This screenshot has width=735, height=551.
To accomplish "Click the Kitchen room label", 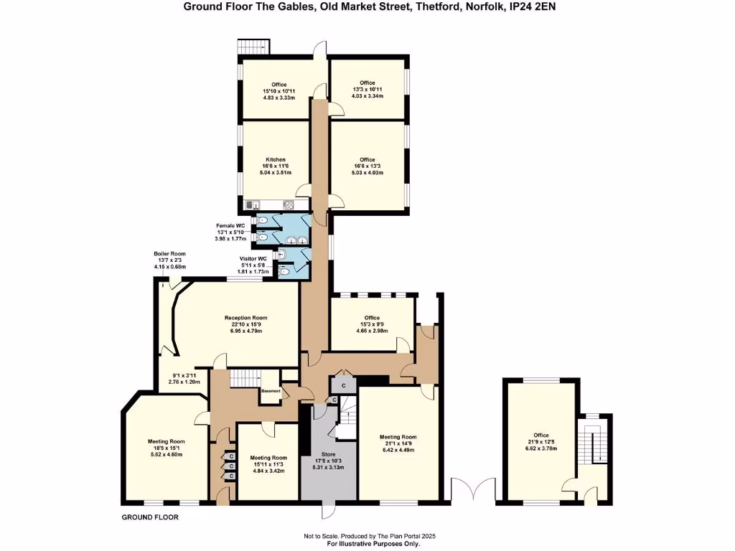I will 276,160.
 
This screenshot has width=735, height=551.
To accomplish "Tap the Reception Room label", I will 245,318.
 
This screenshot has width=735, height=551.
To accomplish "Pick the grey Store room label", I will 327,453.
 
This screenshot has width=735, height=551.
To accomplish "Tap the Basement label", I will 271,391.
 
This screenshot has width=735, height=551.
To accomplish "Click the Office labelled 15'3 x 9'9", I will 371,318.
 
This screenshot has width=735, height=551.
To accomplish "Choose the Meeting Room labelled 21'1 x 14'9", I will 398,437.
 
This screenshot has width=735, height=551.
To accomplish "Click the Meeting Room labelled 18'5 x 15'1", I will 167,441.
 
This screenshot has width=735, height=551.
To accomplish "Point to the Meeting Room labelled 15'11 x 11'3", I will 268,458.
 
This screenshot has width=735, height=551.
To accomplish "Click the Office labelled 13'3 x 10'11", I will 367,83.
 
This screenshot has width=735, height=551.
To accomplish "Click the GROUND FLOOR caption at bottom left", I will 150,517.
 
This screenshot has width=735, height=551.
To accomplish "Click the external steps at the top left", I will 253,46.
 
